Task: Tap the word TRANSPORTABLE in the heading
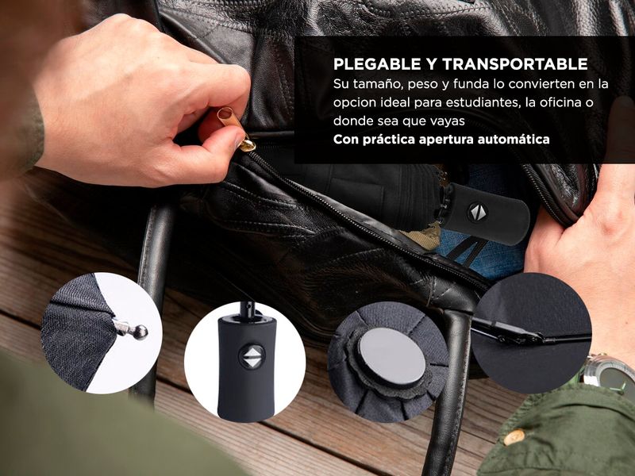click(x=514, y=64)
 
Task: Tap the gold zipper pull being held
click(x=236, y=128)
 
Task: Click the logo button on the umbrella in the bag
click(x=478, y=212)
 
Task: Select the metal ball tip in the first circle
click(x=140, y=332)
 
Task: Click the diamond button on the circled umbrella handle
click(x=252, y=357)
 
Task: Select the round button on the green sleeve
click(x=514, y=438)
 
